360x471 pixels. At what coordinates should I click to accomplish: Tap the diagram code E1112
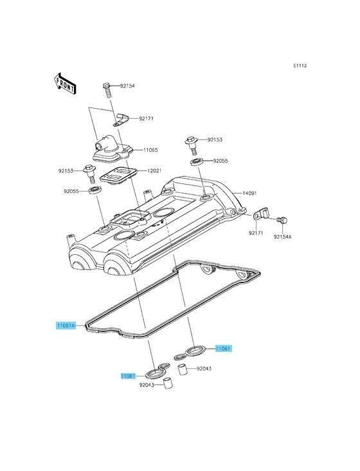click(300, 66)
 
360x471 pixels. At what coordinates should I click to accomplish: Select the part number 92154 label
click(127, 86)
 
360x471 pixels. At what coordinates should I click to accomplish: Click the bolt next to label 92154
click(108, 89)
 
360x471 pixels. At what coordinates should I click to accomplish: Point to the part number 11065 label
click(150, 150)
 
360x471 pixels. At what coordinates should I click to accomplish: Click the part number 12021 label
click(154, 171)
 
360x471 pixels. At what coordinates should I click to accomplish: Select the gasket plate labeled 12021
click(118, 174)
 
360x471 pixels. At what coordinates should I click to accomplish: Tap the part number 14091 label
click(249, 193)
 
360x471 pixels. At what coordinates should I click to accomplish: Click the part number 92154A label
click(282, 237)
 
